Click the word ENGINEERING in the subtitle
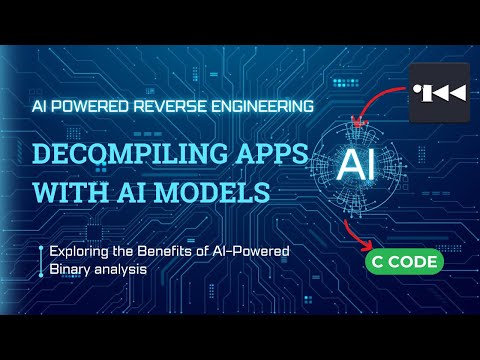(x=261, y=104)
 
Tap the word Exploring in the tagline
(x=76, y=252)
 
